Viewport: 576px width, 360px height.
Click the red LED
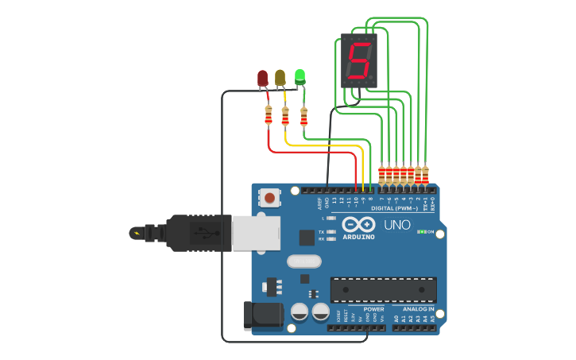pyautogui.click(x=263, y=78)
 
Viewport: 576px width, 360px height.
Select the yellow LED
pyautogui.click(x=280, y=77)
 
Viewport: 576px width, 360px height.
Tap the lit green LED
pyautogui.click(x=300, y=76)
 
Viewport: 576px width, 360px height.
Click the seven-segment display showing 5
pyautogui.click(x=358, y=60)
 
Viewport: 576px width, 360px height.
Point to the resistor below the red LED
pyautogui.click(x=269, y=117)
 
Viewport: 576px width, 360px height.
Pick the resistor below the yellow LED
pyautogui.click(x=285, y=117)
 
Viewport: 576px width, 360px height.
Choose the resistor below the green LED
pyautogui.click(x=303, y=117)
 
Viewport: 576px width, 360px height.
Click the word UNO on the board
pyautogui.click(x=397, y=225)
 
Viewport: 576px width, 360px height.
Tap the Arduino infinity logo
pyautogui.click(x=359, y=224)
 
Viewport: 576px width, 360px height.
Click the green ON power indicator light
pyautogui.click(x=421, y=232)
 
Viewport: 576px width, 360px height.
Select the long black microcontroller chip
pyautogui.click(x=383, y=289)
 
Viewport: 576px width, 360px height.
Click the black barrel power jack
pyautogui.click(x=263, y=315)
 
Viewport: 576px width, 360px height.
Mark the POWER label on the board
pyautogui.click(x=373, y=309)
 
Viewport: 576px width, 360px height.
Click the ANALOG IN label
pyautogui.click(x=419, y=309)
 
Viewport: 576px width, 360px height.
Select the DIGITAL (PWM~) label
pyautogui.click(x=395, y=208)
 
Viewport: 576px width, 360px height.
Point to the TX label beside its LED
pyautogui.click(x=321, y=231)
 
